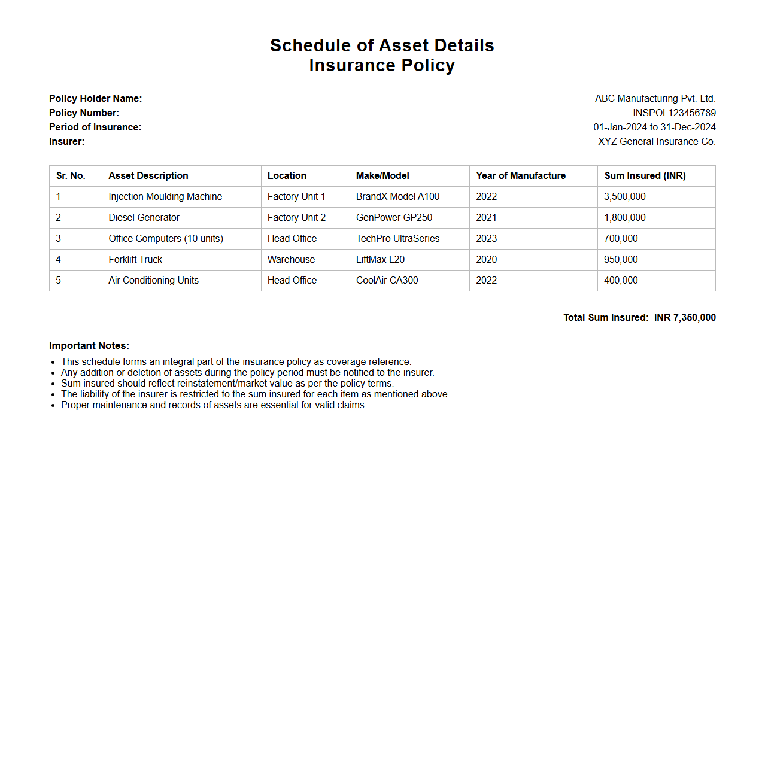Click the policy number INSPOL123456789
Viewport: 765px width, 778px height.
pos(674,113)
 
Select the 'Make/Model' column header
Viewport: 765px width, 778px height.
pos(382,175)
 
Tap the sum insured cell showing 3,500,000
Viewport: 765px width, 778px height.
pos(625,196)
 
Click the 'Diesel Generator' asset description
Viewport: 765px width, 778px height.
pos(144,217)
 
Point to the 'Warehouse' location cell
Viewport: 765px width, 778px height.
pos(291,259)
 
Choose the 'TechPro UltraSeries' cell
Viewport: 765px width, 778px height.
pos(397,238)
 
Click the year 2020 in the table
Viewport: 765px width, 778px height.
pos(486,259)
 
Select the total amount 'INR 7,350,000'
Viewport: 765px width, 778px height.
pos(685,317)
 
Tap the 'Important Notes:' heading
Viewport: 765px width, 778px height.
pos(89,345)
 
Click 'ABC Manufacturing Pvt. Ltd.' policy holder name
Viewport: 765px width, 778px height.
pos(655,98)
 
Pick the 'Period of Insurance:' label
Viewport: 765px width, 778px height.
pos(95,127)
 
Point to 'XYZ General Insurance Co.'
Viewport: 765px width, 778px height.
pos(657,141)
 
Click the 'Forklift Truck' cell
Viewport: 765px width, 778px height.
pos(135,259)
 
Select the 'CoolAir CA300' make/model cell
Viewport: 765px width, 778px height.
pos(387,280)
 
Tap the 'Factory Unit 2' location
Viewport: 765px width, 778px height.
pos(296,217)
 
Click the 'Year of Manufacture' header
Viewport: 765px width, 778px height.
pos(521,175)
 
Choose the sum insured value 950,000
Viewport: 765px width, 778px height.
pos(621,259)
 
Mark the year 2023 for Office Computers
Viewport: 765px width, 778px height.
pos(486,238)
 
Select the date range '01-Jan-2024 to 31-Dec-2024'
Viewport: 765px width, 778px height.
pos(654,127)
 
